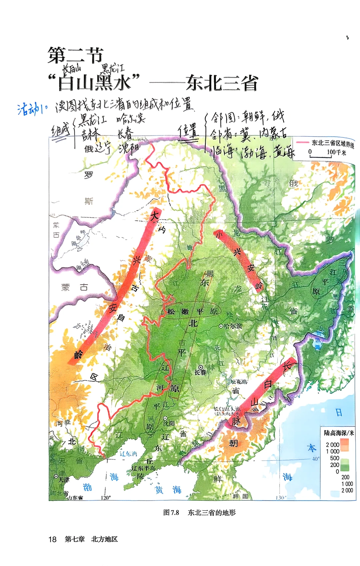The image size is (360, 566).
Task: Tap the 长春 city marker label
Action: [200, 372]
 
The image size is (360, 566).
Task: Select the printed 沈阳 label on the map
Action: [169, 423]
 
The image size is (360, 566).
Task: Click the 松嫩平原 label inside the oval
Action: [192, 312]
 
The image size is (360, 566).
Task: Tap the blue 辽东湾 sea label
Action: [128, 454]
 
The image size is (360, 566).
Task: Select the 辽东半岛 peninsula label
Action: [143, 468]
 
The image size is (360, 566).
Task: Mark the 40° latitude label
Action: [315, 459]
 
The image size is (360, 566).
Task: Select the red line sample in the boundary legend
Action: [302, 142]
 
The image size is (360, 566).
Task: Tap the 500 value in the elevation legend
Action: [335, 458]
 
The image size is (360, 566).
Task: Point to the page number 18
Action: [52, 539]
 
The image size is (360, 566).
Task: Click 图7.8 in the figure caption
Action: [171, 512]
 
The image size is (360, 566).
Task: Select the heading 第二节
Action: [75, 55]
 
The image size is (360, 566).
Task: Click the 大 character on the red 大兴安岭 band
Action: [154, 215]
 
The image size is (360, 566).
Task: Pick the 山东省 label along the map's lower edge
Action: [75, 497]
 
